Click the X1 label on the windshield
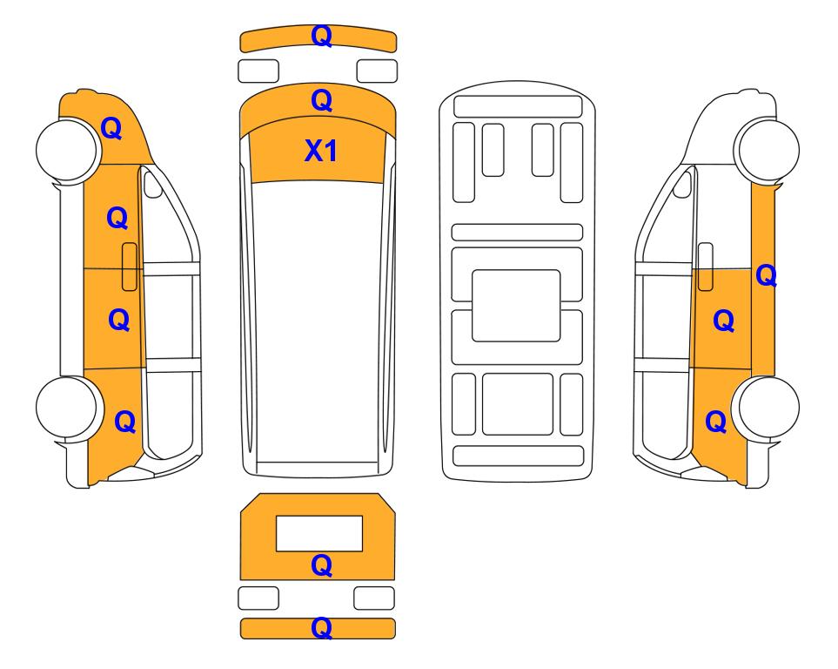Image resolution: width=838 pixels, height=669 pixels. click(320, 151)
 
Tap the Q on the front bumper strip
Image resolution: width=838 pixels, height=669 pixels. click(322, 36)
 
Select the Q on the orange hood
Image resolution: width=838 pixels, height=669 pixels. click(322, 100)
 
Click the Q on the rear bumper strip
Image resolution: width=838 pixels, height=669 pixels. click(322, 628)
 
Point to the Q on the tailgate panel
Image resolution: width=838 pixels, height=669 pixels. click(322, 565)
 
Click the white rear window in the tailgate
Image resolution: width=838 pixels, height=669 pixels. click(319, 534)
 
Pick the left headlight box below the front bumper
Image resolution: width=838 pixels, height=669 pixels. click(258, 71)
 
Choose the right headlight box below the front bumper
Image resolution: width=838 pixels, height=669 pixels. click(377, 71)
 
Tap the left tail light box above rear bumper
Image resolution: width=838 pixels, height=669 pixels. click(258, 598)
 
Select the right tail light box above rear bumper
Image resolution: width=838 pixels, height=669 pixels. click(374, 598)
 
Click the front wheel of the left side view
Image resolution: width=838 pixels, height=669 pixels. click(69, 150)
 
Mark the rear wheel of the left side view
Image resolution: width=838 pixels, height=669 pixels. click(69, 408)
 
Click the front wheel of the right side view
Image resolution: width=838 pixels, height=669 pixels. click(767, 150)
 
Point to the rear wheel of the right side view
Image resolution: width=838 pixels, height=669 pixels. click(767, 408)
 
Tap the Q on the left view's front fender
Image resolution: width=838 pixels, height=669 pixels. click(111, 128)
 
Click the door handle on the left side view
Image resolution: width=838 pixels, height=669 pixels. click(130, 267)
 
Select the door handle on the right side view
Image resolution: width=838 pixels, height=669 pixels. click(706, 267)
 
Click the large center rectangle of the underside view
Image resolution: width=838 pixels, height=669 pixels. click(516, 306)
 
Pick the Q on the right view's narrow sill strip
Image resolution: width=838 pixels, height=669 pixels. click(766, 275)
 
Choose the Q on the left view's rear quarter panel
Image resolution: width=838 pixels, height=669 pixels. click(125, 422)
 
